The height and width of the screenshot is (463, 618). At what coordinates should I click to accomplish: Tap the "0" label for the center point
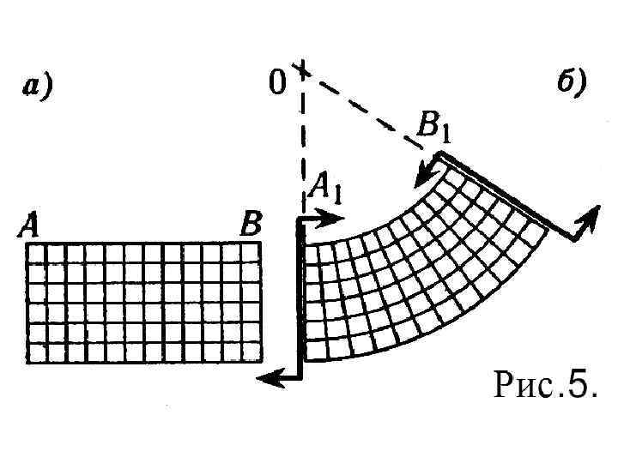tap(276, 82)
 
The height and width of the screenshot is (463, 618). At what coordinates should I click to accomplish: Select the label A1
tap(327, 187)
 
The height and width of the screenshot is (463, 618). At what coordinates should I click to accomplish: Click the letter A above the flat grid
tap(29, 226)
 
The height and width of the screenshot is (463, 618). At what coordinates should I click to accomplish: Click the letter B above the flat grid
tap(251, 226)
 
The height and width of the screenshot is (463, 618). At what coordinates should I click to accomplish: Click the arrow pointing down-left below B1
tap(424, 174)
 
